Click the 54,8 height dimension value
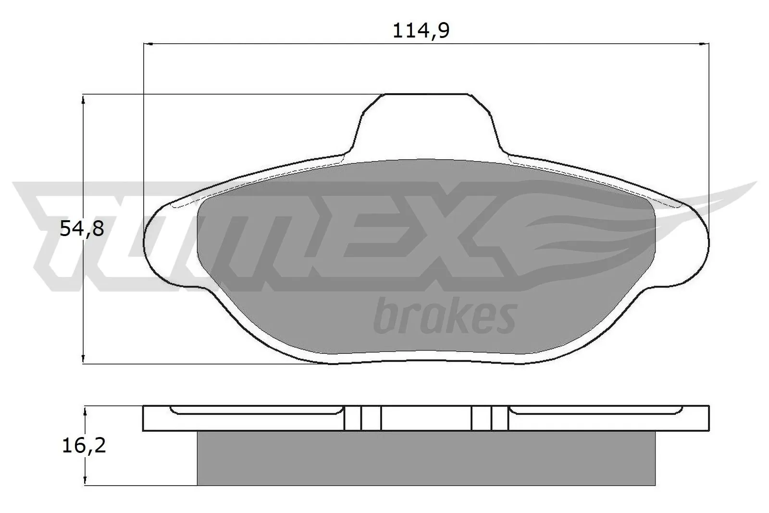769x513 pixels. pos(82,229)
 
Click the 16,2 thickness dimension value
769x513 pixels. pos(84,446)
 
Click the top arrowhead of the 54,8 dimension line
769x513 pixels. pos(84,99)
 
